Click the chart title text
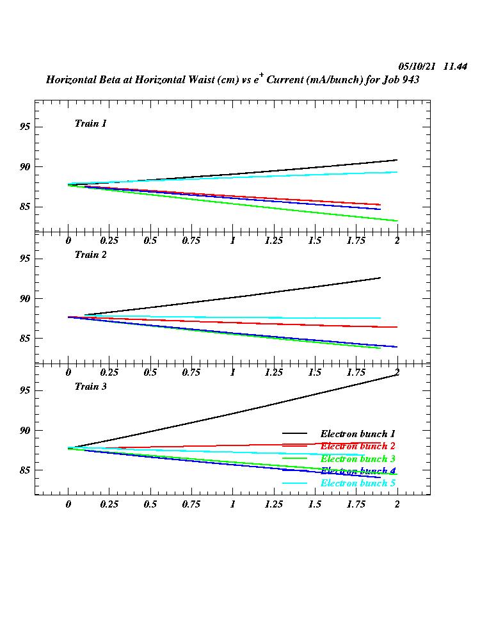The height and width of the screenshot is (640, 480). click(x=232, y=80)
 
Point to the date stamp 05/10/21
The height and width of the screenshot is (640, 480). click(x=417, y=67)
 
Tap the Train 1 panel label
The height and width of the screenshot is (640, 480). click(x=90, y=123)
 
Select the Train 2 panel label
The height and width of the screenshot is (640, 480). click(x=90, y=254)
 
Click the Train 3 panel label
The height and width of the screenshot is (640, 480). click(x=90, y=386)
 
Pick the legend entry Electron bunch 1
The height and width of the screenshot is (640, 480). click(x=358, y=434)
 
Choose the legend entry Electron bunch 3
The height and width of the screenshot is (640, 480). click(x=358, y=459)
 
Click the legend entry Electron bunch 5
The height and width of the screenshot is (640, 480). click(x=358, y=483)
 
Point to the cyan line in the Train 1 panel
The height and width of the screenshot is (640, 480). click(x=256, y=177)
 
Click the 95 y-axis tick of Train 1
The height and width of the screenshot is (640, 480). click(x=25, y=127)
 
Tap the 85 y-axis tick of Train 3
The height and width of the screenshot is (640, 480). click(x=25, y=470)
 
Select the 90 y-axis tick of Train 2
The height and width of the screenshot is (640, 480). click(x=25, y=299)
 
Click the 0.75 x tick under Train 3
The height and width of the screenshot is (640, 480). click(x=191, y=504)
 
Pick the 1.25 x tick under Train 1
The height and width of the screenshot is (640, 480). click(x=274, y=241)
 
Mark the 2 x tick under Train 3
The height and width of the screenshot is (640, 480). click(x=397, y=504)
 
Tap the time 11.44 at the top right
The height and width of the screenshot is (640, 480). click(x=455, y=67)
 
